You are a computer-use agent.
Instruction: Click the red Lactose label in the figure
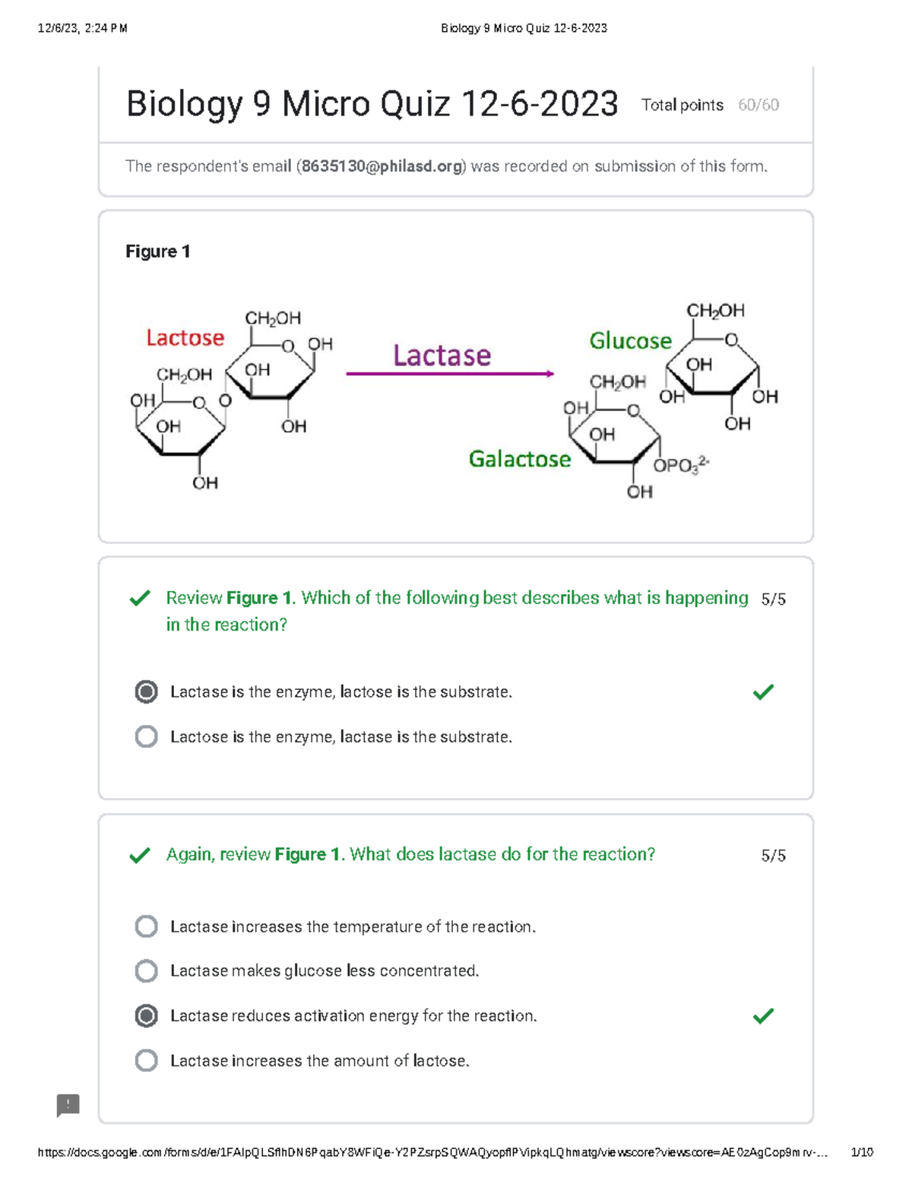185,338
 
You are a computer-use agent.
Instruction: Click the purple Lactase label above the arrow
442,356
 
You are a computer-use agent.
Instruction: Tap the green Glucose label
630,341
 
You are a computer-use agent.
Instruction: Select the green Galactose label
519,459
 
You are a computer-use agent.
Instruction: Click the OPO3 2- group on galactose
681,465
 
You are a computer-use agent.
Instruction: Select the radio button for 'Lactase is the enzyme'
146,692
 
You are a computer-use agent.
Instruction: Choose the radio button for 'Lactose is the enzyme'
146,737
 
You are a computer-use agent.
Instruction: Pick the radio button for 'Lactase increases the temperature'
146,927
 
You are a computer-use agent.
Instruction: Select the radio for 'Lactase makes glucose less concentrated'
146,971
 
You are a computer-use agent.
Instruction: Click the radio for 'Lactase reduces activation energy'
146,1016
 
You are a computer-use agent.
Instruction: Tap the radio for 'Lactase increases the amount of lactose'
146,1061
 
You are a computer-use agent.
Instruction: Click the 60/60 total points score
758,106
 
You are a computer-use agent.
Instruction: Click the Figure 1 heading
157,252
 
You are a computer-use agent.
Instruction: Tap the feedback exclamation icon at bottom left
68,1105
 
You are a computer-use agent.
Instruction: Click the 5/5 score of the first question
773,599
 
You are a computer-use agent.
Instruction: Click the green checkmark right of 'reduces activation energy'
763,1016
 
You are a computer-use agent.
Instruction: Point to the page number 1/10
862,1153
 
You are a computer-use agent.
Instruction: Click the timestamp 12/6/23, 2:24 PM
82,28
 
